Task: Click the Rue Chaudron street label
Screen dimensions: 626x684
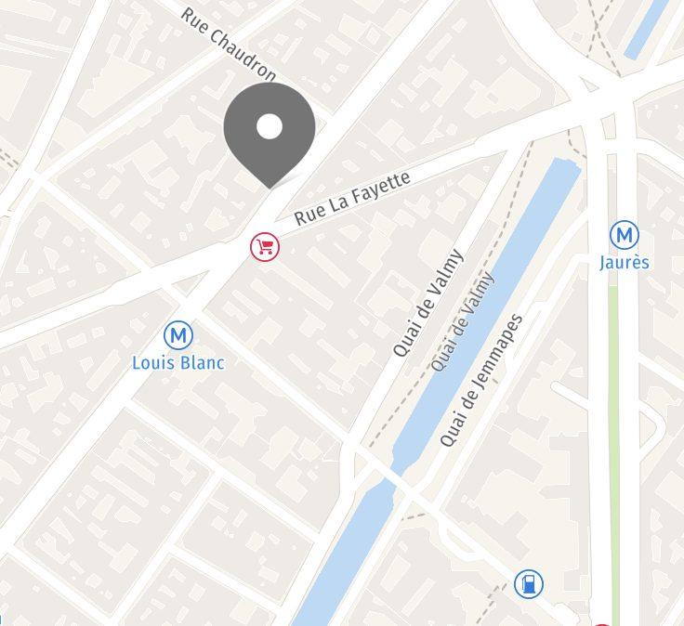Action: (x=229, y=44)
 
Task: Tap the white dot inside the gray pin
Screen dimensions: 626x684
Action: (x=270, y=126)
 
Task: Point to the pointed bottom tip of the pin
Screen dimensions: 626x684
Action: (x=270, y=187)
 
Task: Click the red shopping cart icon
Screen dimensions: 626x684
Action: (x=265, y=246)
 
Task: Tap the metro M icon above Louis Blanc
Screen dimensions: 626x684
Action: (x=177, y=335)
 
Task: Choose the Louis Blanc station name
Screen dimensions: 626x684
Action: (x=179, y=362)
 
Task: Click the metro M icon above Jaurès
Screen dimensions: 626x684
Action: (x=624, y=235)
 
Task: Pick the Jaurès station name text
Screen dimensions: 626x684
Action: (x=624, y=262)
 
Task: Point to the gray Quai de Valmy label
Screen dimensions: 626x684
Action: (x=463, y=322)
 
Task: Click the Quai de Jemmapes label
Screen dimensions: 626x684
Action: (x=481, y=380)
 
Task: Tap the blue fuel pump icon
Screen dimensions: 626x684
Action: (x=528, y=584)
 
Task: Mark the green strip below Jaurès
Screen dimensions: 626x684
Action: (x=613, y=418)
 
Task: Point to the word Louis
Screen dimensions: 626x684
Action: (x=154, y=362)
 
